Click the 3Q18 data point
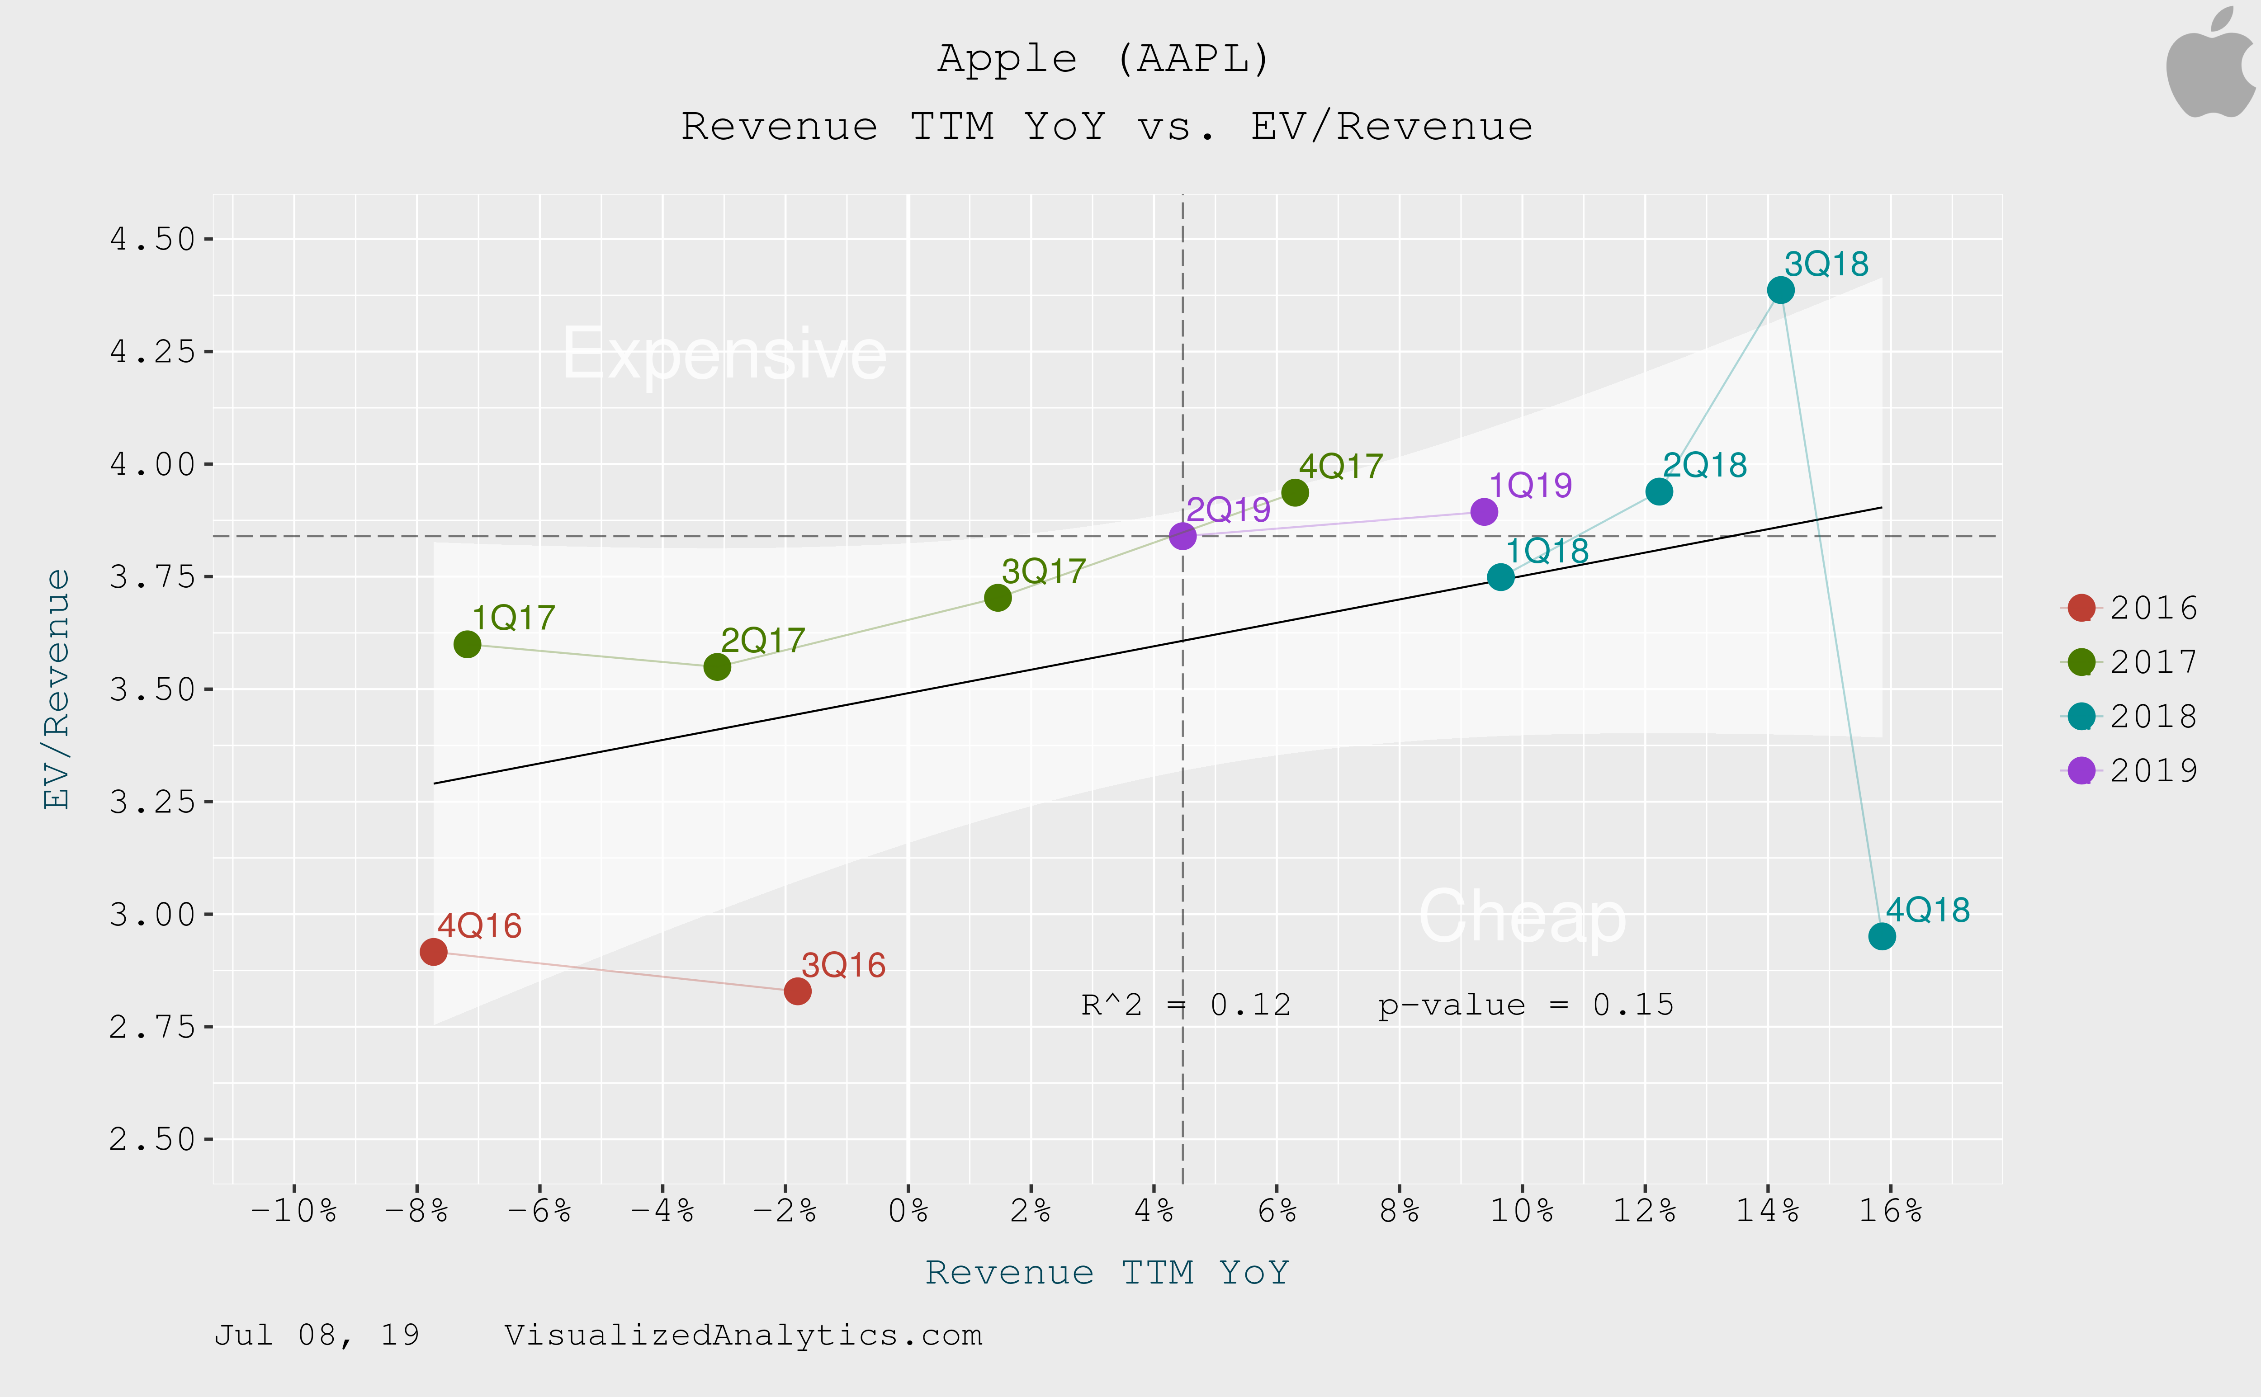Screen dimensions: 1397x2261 pos(1779,290)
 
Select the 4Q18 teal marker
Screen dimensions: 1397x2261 pos(1881,936)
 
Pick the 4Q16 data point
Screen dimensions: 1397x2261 pos(433,952)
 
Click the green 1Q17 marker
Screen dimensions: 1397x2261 pos(468,644)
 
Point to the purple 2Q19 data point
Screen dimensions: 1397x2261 pos(1182,536)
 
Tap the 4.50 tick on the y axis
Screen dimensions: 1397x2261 pos(152,239)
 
